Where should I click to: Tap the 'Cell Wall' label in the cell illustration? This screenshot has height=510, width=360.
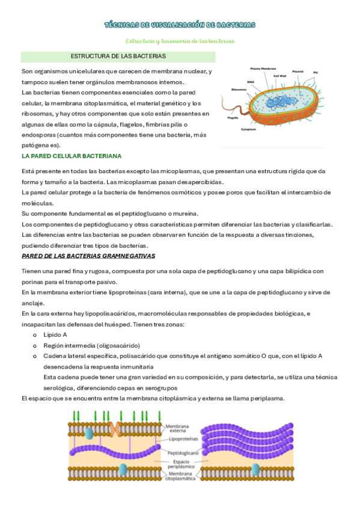(x=280, y=76)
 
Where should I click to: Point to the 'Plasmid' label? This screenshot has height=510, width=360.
(x=297, y=72)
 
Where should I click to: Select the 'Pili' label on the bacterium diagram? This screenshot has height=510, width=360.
(x=316, y=73)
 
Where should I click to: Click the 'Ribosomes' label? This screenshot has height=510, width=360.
(x=239, y=90)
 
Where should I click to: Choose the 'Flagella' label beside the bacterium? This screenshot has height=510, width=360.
(x=233, y=118)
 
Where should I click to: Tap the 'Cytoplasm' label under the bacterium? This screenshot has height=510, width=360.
(x=249, y=129)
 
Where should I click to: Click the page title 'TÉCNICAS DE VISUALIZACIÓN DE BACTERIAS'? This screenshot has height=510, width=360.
(x=180, y=25)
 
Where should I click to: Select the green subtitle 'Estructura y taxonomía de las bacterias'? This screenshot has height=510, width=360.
(x=180, y=41)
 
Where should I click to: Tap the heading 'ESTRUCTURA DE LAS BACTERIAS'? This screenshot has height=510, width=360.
(x=118, y=56)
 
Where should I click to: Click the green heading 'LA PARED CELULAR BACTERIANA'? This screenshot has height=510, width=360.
(x=72, y=156)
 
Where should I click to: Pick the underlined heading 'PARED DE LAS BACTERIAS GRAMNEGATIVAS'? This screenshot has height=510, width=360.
(x=88, y=256)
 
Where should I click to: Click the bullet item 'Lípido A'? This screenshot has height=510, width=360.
(x=55, y=334)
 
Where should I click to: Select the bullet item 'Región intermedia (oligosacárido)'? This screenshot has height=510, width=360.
(x=91, y=345)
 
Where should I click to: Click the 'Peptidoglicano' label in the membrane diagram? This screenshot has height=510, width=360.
(x=183, y=453)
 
